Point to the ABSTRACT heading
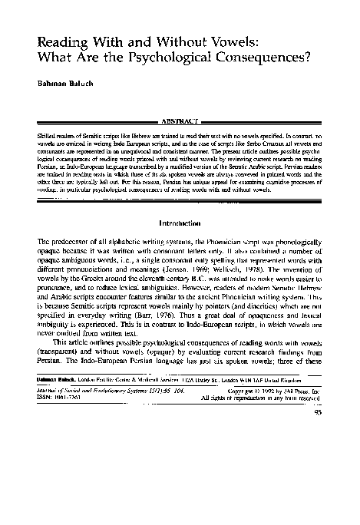pos(180,121)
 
